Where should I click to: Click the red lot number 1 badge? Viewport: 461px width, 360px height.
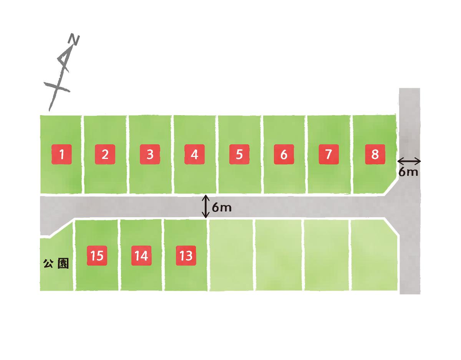tap(61, 154)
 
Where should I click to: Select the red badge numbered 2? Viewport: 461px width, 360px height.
tap(105, 154)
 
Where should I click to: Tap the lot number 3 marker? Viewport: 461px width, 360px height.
tap(150, 154)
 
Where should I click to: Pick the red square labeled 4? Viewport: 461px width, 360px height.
tap(194, 154)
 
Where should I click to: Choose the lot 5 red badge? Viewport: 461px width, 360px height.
tap(239, 154)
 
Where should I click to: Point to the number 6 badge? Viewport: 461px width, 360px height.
tap(284, 154)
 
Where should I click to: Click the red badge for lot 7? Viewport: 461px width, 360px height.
tap(328, 154)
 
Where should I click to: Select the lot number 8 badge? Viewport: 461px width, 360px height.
tap(375, 154)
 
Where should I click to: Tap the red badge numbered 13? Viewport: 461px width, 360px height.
tap(186, 256)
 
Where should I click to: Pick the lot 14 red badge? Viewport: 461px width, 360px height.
tap(141, 256)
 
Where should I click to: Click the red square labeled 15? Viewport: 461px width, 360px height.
tap(97, 256)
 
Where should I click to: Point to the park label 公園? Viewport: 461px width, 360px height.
tap(56, 264)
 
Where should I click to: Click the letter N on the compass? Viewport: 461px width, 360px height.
tap(75, 40)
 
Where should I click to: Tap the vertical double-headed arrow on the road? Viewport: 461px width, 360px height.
tap(206, 206)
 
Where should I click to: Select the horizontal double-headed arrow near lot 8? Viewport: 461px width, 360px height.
tap(409, 162)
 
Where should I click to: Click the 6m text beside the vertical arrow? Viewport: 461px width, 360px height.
tap(222, 208)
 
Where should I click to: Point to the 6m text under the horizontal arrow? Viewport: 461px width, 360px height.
tap(408, 172)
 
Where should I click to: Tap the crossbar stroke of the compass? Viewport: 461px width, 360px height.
tap(56, 87)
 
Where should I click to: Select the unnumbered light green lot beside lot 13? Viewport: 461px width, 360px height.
tap(231, 255)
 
